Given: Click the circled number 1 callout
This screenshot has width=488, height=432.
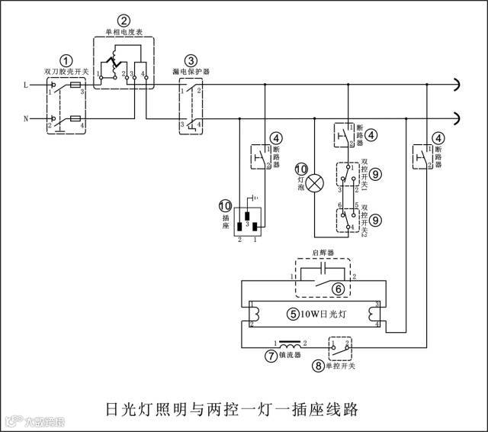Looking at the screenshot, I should (67, 60).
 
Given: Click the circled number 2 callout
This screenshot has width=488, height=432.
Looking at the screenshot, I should (124, 20).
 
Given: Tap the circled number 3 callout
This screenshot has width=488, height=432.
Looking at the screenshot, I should (191, 60).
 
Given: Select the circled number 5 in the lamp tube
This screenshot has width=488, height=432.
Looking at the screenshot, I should (292, 314).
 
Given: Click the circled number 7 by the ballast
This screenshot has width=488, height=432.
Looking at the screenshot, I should (271, 356).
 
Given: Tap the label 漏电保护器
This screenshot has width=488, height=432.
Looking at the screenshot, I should (191, 71).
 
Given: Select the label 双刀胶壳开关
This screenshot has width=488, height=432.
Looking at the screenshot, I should (67, 71).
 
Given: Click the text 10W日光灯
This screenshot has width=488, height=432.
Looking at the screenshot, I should (326, 314).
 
